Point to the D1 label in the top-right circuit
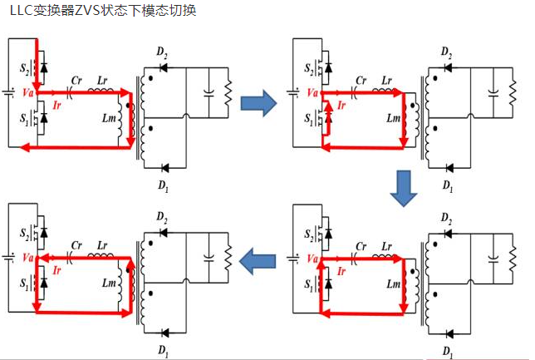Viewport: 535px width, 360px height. [449, 184]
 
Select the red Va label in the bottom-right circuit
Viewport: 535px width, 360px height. [312, 259]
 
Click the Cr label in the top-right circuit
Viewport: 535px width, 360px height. [361, 81]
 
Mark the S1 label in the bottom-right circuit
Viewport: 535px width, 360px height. [310, 284]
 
